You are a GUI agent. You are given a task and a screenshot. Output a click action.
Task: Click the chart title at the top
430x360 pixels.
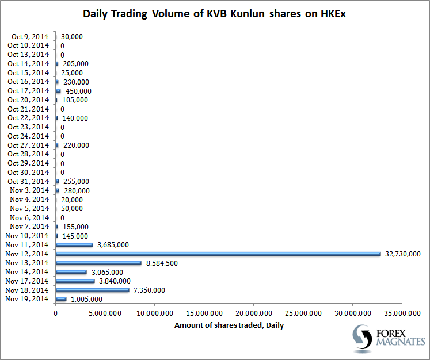[x=215, y=13]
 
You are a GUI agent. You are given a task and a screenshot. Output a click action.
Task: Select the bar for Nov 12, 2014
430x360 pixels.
[x=218, y=254]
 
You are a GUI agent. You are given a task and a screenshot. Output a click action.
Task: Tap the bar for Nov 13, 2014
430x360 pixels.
[x=98, y=263]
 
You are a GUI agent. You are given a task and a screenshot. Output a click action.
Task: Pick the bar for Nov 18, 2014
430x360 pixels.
[x=92, y=290]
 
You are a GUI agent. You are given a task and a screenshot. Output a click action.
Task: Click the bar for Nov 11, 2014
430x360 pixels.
[x=74, y=244]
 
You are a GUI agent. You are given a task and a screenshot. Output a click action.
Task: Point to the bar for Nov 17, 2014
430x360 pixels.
[x=75, y=281]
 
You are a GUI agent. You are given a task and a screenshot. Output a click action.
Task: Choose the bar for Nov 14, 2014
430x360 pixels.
[x=71, y=272]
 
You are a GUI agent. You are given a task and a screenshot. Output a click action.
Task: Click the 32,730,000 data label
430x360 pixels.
[x=403, y=254]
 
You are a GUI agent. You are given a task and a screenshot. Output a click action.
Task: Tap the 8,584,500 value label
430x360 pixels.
[x=162, y=263]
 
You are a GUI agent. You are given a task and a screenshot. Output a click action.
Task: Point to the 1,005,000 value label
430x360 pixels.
[x=86, y=299]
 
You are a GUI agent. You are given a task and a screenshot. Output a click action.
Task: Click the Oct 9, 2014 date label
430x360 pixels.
[x=30, y=36]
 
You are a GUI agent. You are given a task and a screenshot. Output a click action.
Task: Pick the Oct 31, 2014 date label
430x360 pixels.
[x=28, y=181]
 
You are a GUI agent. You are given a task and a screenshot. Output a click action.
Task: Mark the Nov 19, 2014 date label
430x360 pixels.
[x=27, y=299]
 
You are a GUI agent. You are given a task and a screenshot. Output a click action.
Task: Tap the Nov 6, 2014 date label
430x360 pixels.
[x=29, y=217]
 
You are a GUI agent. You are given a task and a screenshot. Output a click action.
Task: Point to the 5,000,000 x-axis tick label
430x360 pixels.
[x=105, y=313]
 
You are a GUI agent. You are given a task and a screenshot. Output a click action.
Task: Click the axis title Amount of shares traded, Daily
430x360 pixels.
[x=229, y=325]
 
